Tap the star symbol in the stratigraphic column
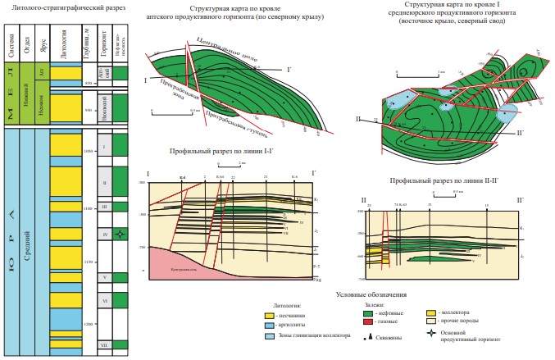120,234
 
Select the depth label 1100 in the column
89,209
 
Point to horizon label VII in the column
103,345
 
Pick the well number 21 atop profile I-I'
265,177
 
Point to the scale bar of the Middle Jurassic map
441,73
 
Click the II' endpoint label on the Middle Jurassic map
522,132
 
